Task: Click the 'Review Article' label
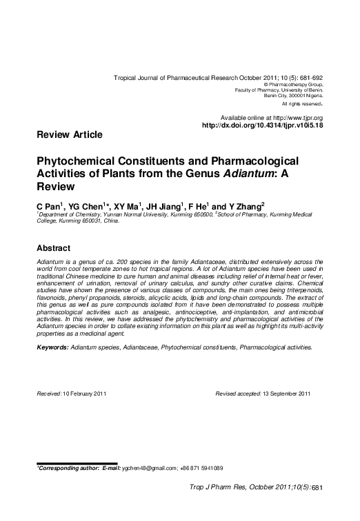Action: [69, 134]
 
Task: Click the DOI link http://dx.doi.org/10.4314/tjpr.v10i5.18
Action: [262, 125]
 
